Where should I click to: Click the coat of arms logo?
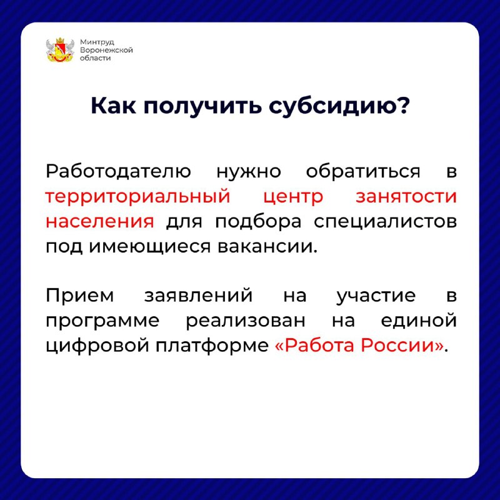(60, 50)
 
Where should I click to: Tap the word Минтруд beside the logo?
(97, 42)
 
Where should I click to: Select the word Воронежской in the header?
(106, 50)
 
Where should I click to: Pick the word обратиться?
(363, 172)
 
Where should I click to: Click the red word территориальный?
(137, 197)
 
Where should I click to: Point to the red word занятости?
(406, 197)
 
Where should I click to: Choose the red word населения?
(100, 221)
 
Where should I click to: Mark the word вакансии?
(267, 246)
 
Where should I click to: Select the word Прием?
(80, 295)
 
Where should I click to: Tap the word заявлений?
(198, 295)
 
